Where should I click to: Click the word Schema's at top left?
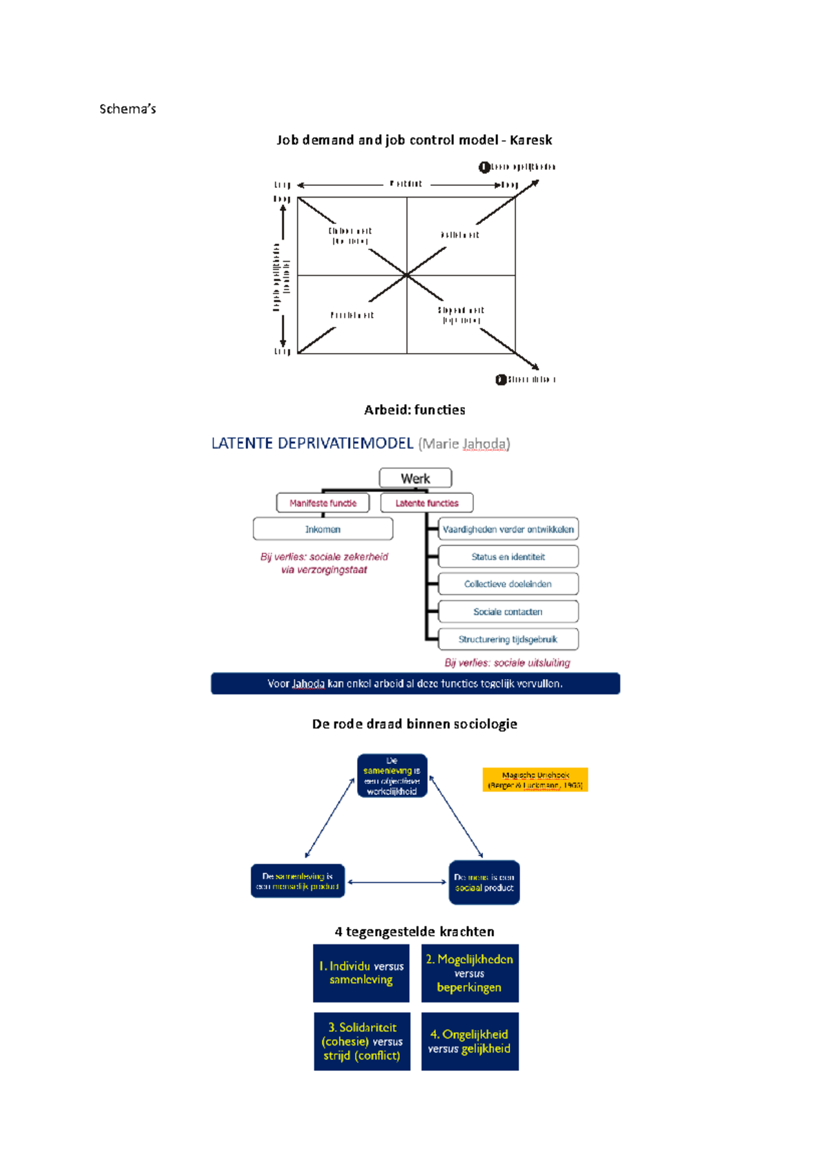coord(127,108)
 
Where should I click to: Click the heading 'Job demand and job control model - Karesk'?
coord(414,140)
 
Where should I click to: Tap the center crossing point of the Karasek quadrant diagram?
coord(407,275)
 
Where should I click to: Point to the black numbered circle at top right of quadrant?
coord(484,167)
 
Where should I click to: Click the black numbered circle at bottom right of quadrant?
coord(501,379)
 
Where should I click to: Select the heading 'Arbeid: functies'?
coord(414,410)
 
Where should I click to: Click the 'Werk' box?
coord(415,478)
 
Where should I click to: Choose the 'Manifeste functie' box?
coord(323,503)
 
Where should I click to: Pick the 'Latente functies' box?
coord(426,503)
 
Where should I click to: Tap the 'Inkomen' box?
coord(323,529)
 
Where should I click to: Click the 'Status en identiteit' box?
coord(508,556)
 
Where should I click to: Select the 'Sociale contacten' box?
coord(508,611)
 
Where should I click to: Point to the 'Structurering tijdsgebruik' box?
coord(508,639)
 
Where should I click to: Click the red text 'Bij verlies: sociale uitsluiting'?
coord(507,662)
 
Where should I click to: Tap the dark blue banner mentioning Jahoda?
coord(415,683)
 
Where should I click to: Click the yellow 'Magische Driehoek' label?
coord(535,779)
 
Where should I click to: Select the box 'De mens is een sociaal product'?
coord(484,882)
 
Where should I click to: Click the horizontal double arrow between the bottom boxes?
coord(397,882)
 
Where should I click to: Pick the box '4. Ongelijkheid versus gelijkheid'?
coord(469,1041)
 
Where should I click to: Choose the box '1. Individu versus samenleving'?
coord(361,973)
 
